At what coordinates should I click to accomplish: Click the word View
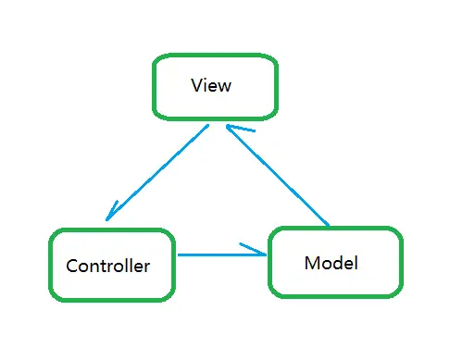coord(210,86)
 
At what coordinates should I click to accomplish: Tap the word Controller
coord(107,267)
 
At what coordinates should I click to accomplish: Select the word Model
coord(331,263)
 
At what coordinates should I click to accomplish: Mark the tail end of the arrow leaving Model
coord(329,225)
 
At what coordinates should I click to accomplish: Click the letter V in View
coord(196,86)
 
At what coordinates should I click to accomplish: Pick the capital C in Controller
coord(71,267)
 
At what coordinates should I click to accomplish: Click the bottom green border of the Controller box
coord(111,299)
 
